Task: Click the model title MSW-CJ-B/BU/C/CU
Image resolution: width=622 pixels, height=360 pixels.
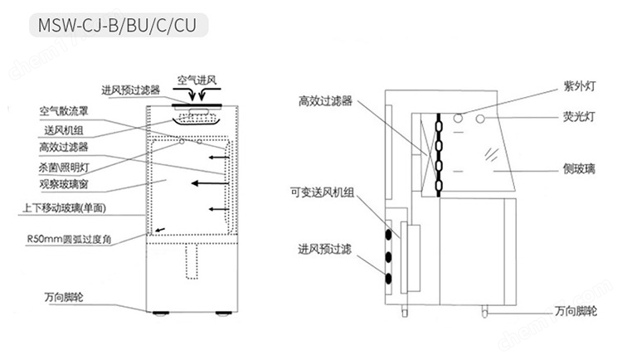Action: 117,26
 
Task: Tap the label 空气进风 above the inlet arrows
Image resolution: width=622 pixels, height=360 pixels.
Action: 197,80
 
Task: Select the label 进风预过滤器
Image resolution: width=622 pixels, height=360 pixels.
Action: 130,90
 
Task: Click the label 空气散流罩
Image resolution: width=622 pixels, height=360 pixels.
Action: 64,111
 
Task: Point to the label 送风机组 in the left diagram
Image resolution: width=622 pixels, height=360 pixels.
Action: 64,130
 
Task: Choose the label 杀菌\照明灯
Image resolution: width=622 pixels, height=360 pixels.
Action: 64,168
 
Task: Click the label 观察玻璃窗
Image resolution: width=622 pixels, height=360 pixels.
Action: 64,184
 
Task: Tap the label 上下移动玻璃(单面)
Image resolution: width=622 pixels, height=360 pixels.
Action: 64,207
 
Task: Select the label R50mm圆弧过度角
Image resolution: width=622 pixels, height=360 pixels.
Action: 69,240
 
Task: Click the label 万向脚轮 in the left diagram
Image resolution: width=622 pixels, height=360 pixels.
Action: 64,297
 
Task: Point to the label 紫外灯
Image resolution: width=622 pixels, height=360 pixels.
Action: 580,86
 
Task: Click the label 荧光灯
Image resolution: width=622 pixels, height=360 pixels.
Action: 579,117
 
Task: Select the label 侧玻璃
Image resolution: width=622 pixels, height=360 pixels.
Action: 579,169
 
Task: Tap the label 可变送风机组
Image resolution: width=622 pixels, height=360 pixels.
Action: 322,193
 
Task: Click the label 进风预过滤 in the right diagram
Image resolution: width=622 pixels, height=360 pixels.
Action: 324,249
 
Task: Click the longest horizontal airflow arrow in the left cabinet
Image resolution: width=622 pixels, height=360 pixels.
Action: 210,183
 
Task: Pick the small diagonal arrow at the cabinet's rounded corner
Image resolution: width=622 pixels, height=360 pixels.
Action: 160,230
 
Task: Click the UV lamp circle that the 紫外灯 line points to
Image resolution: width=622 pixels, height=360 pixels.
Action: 458,118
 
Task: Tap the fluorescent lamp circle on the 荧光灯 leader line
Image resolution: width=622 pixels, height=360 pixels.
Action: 480,119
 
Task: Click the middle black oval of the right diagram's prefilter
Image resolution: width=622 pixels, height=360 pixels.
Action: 388,257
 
